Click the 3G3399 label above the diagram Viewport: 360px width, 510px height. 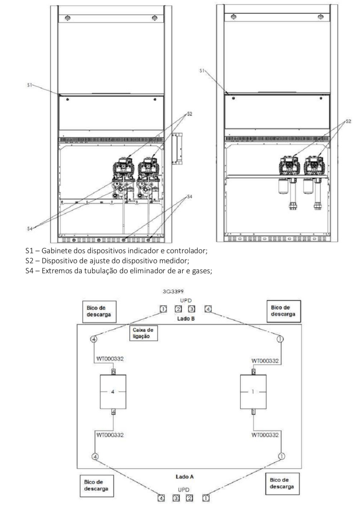tap(173, 292)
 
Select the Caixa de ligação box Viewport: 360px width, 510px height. tap(144, 333)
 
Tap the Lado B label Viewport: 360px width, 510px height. tap(186, 319)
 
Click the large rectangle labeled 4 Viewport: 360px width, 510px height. tap(113, 392)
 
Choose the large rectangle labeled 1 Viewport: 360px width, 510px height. tap(253, 392)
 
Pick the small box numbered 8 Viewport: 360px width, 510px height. tap(113, 372)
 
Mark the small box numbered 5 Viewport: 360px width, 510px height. tap(253, 372)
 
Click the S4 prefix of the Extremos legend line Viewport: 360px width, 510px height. tap(30, 271)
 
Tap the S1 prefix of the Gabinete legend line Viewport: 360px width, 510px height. tap(29, 251)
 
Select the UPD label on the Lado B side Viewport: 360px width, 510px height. tap(186, 301)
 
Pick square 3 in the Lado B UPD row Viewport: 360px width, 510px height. tap(191, 309)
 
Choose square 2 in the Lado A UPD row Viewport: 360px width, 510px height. tap(189, 498)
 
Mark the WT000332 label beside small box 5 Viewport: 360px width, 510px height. tap(265, 361)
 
